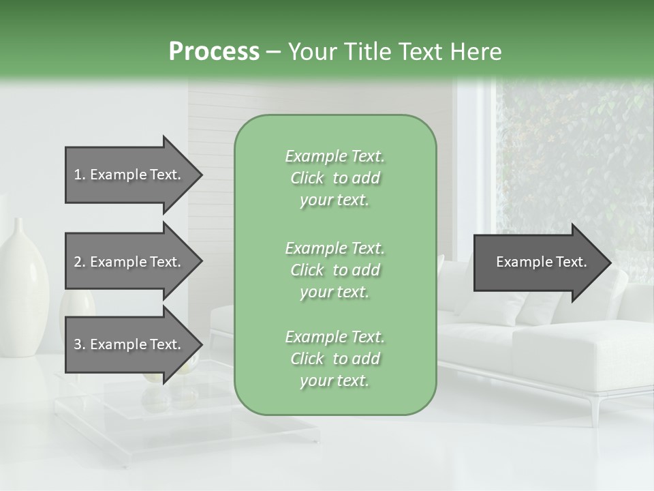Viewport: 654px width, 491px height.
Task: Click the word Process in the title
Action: pos(214,51)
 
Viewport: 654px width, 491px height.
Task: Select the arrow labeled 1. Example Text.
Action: pos(129,175)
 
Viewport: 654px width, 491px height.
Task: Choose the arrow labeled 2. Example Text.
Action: pos(129,262)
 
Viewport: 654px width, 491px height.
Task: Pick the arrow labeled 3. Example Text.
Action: pos(129,344)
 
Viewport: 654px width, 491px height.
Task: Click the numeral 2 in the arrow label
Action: pos(78,262)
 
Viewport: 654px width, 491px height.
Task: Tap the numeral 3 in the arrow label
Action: pos(78,344)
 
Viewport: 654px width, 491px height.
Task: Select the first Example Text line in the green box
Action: pos(334,156)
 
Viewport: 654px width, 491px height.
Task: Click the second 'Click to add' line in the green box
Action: pos(334,270)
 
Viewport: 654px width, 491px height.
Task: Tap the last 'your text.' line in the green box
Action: pos(334,381)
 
